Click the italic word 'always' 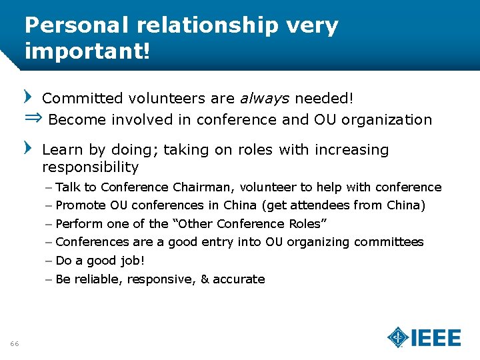[x=265, y=99]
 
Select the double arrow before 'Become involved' [x=33, y=119]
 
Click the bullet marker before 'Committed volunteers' [x=27, y=97]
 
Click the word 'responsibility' [x=90, y=167]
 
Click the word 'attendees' [x=323, y=205]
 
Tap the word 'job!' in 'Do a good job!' [x=133, y=261]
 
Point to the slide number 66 [x=15, y=343]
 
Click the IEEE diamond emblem [x=398, y=337]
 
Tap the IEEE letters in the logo [x=436, y=337]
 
